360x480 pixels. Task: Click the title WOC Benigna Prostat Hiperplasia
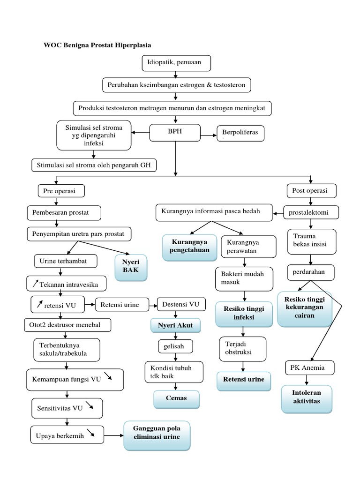[x=97, y=45]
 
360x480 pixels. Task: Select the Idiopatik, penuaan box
[x=175, y=62]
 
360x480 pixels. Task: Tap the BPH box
[x=174, y=133]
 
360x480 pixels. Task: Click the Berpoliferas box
[x=240, y=134]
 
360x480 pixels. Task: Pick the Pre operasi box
[x=56, y=191]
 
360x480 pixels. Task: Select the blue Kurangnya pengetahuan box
[x=190, y=247]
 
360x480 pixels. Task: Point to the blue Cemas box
[x=176, y=398]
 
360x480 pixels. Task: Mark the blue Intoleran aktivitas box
[x=306, y=399]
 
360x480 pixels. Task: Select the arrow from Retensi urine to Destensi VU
[x=154, y=306]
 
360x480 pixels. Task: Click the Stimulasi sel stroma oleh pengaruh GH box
[x=94, y=165]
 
